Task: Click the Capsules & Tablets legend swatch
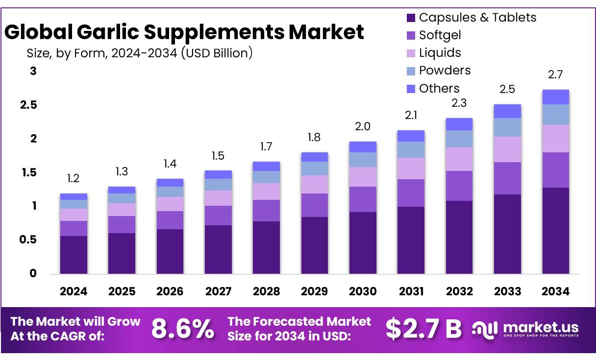pyautogui.click(x=411, y=18)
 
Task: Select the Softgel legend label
pyautogui.click(x=440, y=35)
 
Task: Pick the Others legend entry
pyautogui.click(x=439, y=89)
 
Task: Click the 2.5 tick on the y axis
pyautogui.click(x=29, y=105)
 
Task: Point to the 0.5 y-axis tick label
pyautogui.click(x=29, y=240)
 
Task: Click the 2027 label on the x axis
pyautogui.click(x=218, y=292)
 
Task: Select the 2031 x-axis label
pyautogui.click(x=411, y=292)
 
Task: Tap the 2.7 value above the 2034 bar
pyautogui.click(x=556, y=75)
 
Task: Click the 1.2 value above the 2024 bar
pyautogui.click(x=74, y=179)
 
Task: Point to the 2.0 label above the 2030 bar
pyautogui.click(x=363, y=127)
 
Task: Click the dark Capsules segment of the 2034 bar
pyautogui.click(x=556, y=230)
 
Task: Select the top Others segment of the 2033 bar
pyautogui.click(x=507, y=111)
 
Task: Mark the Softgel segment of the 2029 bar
pyautogui.click(x=314, y=205)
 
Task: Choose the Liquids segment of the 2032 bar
pyautogui.click(x=459, y=159)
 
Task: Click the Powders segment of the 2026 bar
pyautogui.click(x=170, y=192)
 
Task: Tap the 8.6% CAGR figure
pyautogui.click(x=182, y=329)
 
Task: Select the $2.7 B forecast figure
pyautogui.click(x=423, y=329)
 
